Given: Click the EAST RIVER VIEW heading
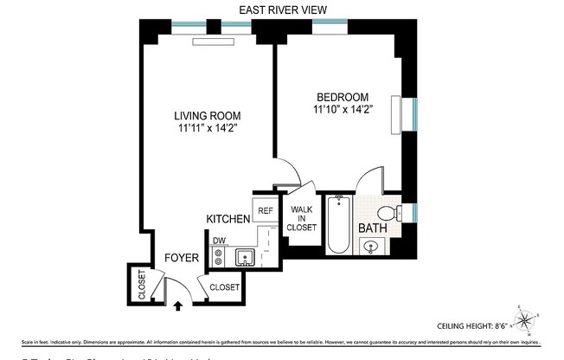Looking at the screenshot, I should [282, 10].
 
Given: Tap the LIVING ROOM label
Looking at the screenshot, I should [207, 115].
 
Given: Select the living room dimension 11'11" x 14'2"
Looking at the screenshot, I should [207, 128].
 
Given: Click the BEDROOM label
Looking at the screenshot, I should [343, 96].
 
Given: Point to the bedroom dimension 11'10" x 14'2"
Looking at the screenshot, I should [343, 109].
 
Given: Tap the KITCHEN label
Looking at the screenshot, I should [228, 220].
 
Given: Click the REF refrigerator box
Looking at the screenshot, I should [264, 209].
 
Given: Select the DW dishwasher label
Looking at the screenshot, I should [219, 241].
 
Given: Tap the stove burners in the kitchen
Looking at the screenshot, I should [219, 257].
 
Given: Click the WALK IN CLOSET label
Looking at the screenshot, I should [301, 220].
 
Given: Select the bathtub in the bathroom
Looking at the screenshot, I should [337, 227].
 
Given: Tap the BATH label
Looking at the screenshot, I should [373, 228].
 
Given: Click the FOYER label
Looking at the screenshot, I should [183, 258].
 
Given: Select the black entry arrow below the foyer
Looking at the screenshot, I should [178, 305].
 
